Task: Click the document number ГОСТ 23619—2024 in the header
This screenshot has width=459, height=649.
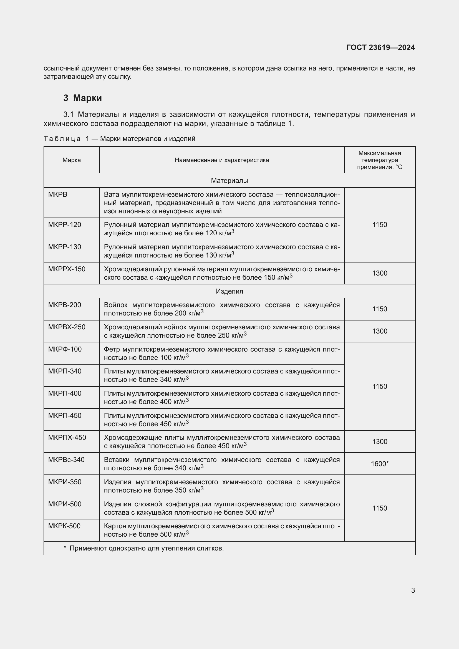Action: click(380, 47)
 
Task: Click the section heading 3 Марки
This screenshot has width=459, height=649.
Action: click(82, 98)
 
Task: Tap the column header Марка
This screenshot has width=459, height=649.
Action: click(72, 160)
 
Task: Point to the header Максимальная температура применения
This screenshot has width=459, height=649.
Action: click(379, 160)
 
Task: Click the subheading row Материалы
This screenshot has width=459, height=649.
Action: click(229, 181)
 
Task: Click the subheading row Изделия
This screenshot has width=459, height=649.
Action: click(229, 291)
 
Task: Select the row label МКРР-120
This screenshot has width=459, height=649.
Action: click(64, 225)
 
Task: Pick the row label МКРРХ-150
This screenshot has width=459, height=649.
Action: click(67, 269)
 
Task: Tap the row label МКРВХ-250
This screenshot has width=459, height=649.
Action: click(67, 327)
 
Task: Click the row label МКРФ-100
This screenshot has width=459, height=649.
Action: click(65, 349)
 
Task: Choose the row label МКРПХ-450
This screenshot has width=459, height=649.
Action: click(67, 438)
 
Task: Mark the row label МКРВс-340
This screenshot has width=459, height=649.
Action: click(66, 459)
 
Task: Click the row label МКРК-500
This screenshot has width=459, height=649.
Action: click(64, 526)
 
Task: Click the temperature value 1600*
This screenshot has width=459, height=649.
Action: click(380, 464)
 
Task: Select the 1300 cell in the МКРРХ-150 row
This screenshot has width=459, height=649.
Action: click(380, 273)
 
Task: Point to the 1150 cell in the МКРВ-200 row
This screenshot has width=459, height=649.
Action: click(380, 309)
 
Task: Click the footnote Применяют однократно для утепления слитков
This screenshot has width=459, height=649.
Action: click(147, 548)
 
